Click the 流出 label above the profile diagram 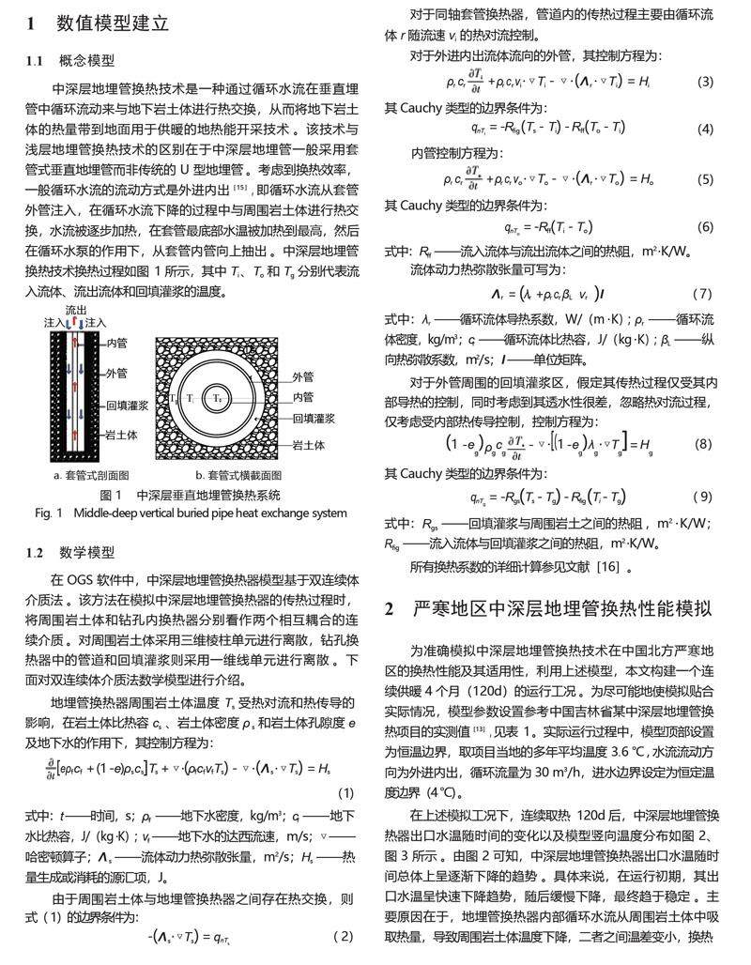pyautogui.click(x=77, y=309)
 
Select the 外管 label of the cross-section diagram pyautogui.click(x=303, y=376)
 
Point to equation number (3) pyautogui.click(x=705, y=82)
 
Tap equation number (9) pyautogui.click(x=702, y=497)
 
